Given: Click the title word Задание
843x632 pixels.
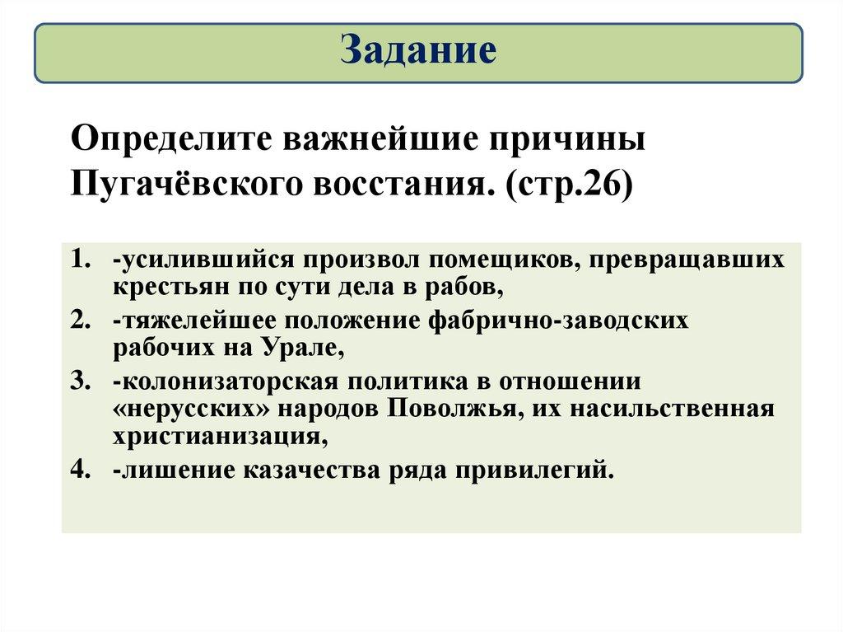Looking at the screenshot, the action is pyautogui.click(x=418, y=50).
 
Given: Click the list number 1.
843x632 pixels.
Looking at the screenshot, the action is pyautogui.click(x=78, y=259).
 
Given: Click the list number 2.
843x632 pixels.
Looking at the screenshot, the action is pyautogui.click(x=78, y=321).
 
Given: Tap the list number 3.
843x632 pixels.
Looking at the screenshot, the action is pyautogui.click(x=78, y=382).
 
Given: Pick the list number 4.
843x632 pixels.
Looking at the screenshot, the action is pyautogui.click(x=78, y=470).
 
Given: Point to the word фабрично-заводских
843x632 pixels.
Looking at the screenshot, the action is pyautogui.click(x=558, y=321).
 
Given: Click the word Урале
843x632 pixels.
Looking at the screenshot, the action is pyautogui.click(x=303, y=349).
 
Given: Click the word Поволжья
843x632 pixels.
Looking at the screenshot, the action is pyautogui.click(x=454, y=410).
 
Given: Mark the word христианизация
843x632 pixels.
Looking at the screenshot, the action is pyautogui.click(x=221, y=437).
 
